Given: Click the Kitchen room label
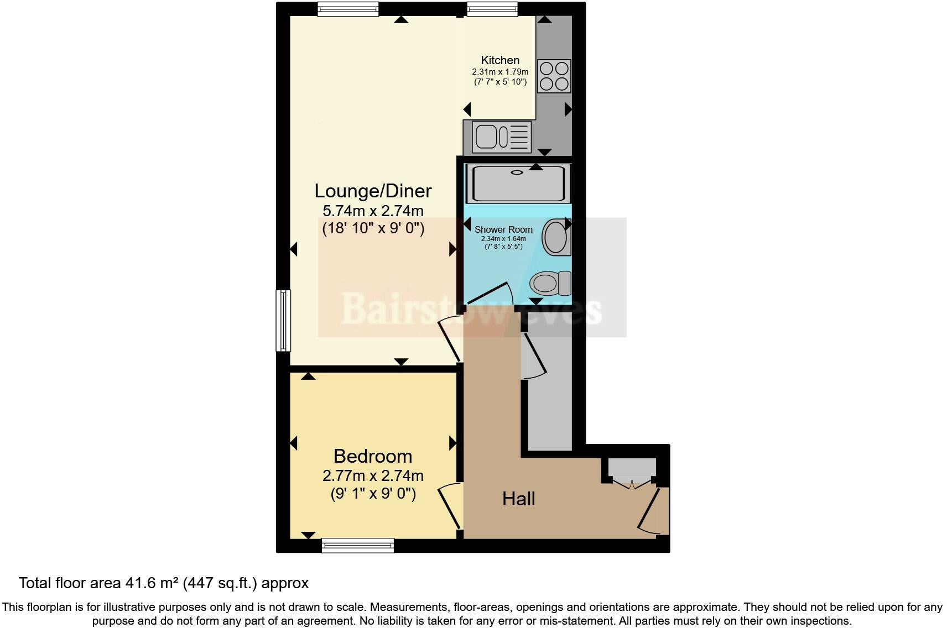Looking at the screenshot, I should [x=500, y=60].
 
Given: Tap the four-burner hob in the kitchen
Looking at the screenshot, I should [x=554, y=76].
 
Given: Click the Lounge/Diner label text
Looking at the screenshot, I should [x=373, y=191].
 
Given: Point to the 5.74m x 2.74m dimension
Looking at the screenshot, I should [x=373, y=211].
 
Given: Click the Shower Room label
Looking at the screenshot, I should [x=503, y=229].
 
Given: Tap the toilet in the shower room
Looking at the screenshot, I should [x=550, y=284].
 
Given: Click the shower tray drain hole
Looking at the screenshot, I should [x=517, y=172].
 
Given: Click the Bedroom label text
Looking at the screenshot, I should [x=373, y=456].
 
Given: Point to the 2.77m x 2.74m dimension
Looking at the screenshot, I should [x=373, y=475].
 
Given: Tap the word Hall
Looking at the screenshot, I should [x=518, y=499].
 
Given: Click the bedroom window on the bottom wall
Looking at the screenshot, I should [x=358, y=546].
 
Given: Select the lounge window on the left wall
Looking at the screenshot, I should [x=283, y=321].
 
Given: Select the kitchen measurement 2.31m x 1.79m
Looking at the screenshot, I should [x=500, y=72].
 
